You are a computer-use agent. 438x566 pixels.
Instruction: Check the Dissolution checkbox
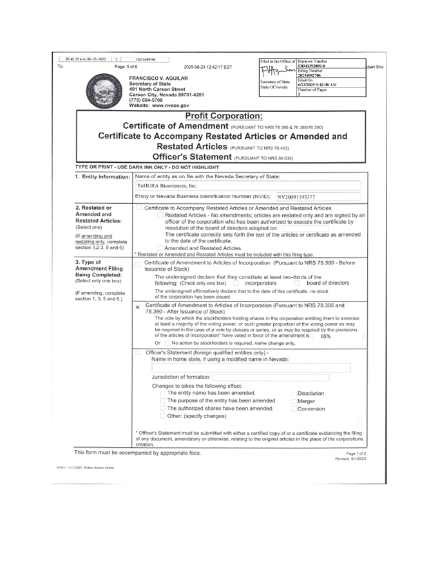point(294,393)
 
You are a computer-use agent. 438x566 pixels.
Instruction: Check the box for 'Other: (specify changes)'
point(162,415)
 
